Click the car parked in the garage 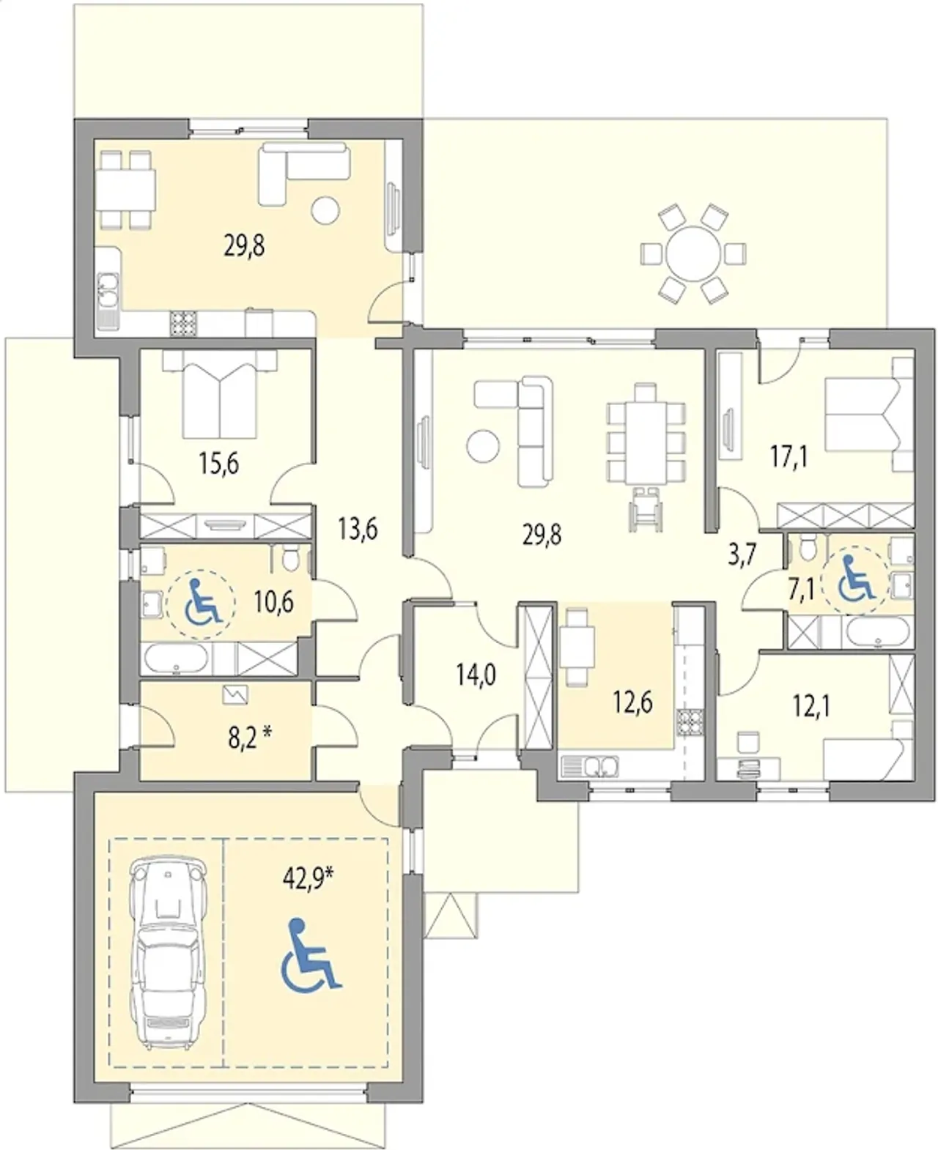pos(168,952)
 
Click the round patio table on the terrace pos(693,253)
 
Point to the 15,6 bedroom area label pos(218,464)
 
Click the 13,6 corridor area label pos(358,529)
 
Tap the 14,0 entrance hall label pos(476,675)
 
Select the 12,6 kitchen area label pos(633,703)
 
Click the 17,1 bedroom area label pos(789,456)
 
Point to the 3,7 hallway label pos(742,555)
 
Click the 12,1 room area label pos(811,708)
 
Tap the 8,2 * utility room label pos(249,739)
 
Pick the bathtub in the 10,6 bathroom pos(175,659)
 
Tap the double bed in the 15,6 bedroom pos(219,393)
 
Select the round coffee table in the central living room pos(483,446)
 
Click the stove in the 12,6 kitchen pos(690,722)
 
